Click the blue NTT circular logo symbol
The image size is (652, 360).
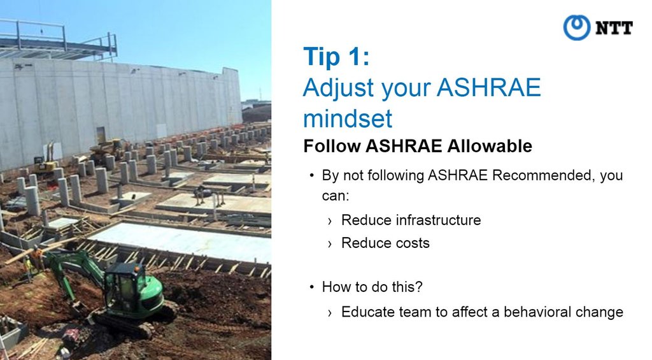pyautogui.click(x=576, y=27)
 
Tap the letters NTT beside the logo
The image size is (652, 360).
pyautogui.click(x=614, y=28)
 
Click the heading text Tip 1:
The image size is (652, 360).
pyautogui.click(x=336, y=56)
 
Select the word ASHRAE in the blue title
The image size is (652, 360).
pyautogui.click(x=488, y=87)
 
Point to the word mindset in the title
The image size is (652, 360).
pyautogui.click(x=348, y=119)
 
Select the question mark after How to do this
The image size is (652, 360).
pyautogui.click(x=419, y=286)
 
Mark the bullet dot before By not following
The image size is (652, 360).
pyautogui.click(x=311, y=176)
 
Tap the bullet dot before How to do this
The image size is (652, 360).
pyautogui.click(x=311, y=287)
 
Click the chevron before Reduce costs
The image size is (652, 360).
pyautogui.click(x=330, y=244)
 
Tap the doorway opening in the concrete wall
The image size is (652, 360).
pyautogui.click(x=101, y=135)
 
